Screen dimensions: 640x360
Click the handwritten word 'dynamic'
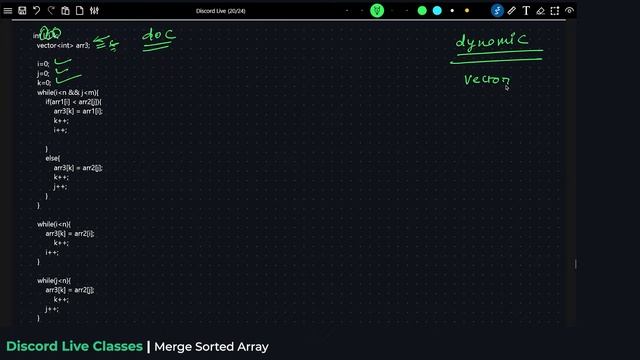[x=491, y=42]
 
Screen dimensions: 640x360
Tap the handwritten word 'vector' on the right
[x=487, y=81]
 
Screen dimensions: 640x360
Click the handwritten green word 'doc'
[x=158, y=36]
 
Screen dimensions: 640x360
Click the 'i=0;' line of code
[x=44, y=63]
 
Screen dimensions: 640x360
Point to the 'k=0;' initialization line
[x=44, y=82]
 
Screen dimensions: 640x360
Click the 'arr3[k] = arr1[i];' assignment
[x=78, y=111]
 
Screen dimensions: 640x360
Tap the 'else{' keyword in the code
[x=52, y=158]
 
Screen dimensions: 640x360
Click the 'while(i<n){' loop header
[x=54, y=224]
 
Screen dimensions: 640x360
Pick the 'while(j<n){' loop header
[x=54, y=280]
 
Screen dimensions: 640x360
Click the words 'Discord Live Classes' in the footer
[x=74, y=347]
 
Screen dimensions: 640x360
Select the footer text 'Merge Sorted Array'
[x=212, y=347]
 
